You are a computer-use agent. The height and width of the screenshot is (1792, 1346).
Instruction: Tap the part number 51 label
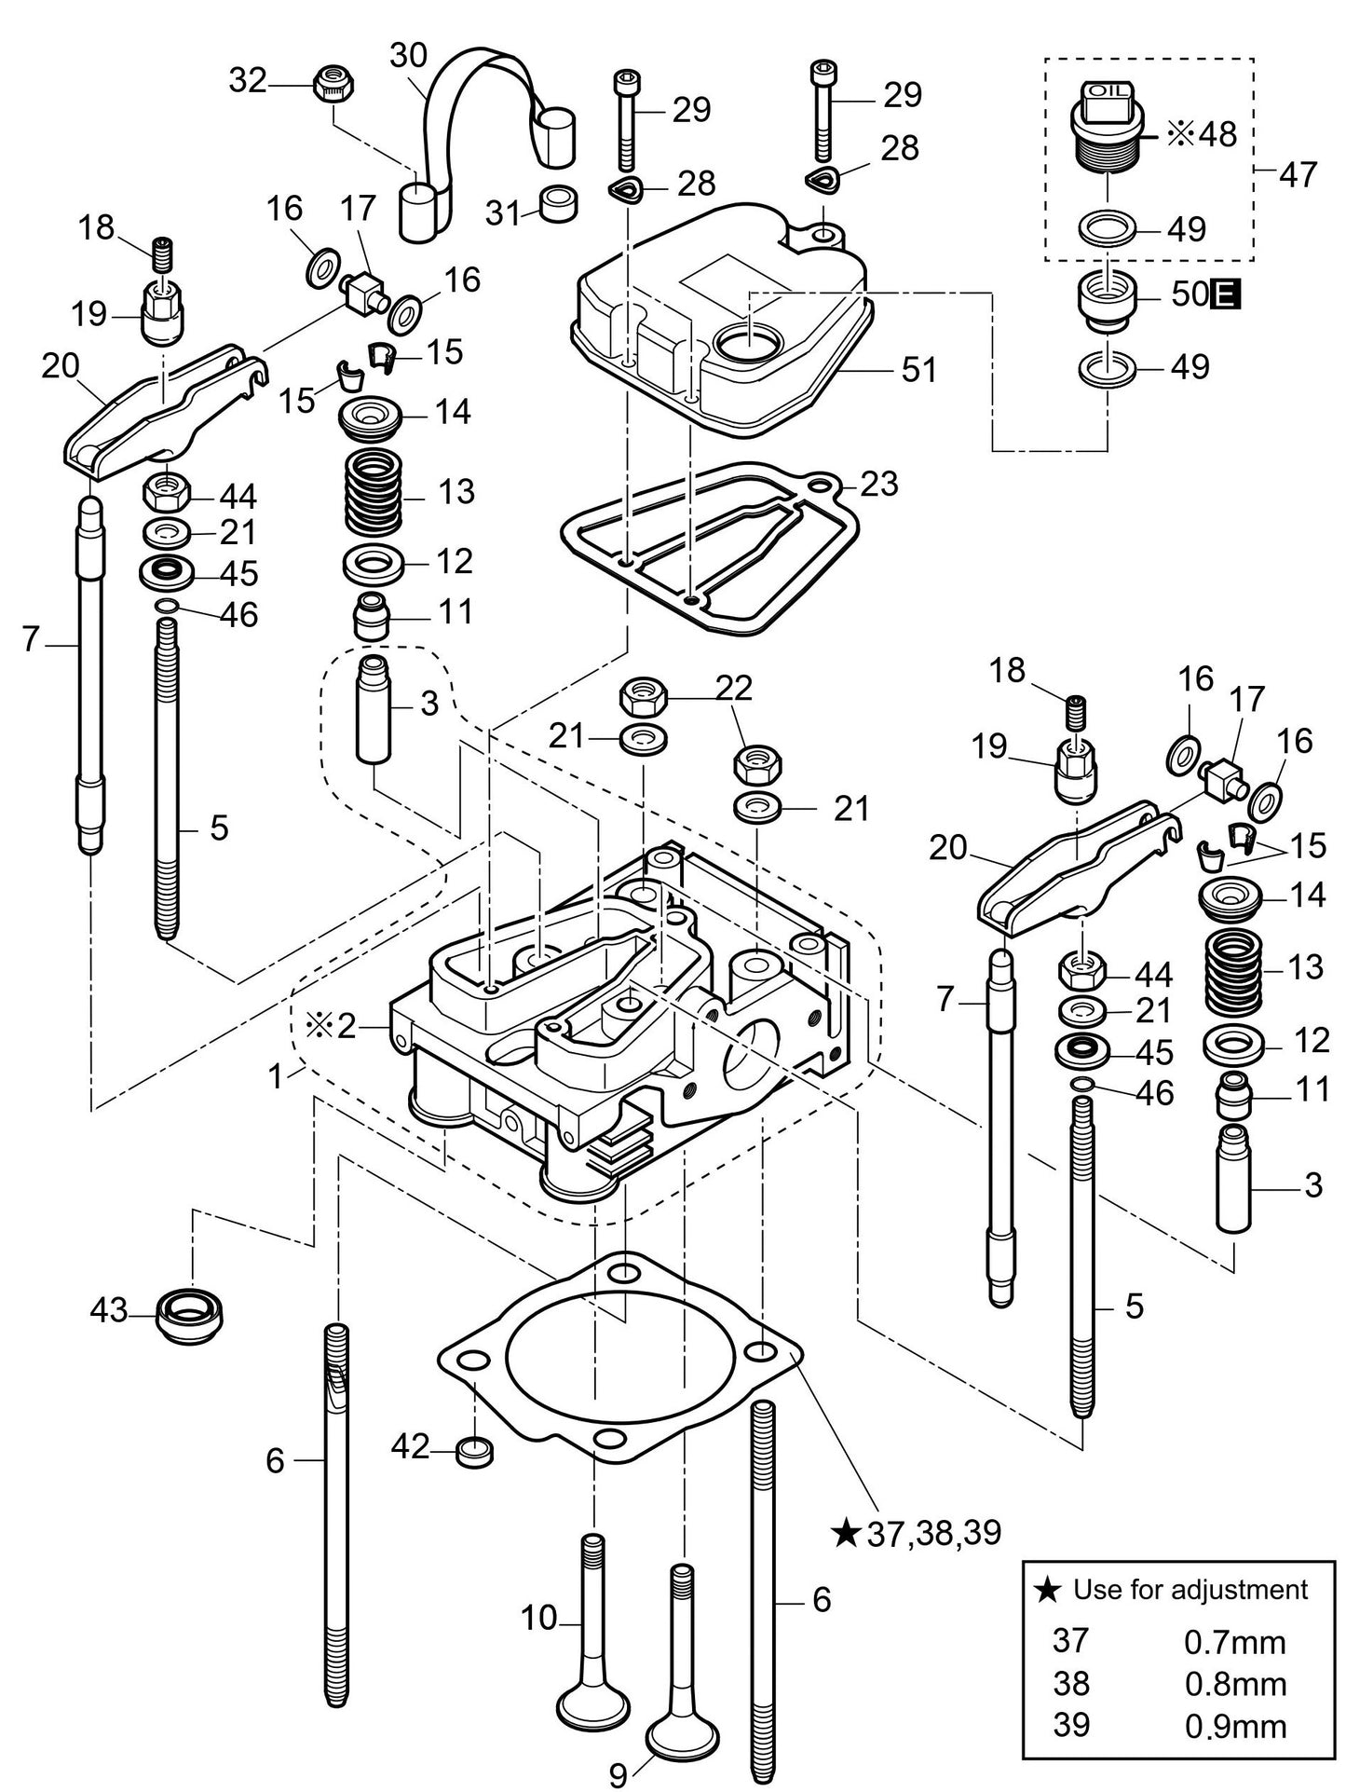pos(918,370)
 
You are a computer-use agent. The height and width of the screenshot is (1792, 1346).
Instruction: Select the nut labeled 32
pos(333,84)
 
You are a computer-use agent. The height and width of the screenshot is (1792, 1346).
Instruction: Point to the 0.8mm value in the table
pos(1234,1684)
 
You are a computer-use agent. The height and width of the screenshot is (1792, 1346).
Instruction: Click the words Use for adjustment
pos(1190,1589)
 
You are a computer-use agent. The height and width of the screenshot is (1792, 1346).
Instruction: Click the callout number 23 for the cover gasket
pos(879,484)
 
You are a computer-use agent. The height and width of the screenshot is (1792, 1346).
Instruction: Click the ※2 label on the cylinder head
pos(331,1026)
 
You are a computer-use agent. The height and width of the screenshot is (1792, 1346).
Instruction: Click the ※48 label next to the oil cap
pos(1202,135)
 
